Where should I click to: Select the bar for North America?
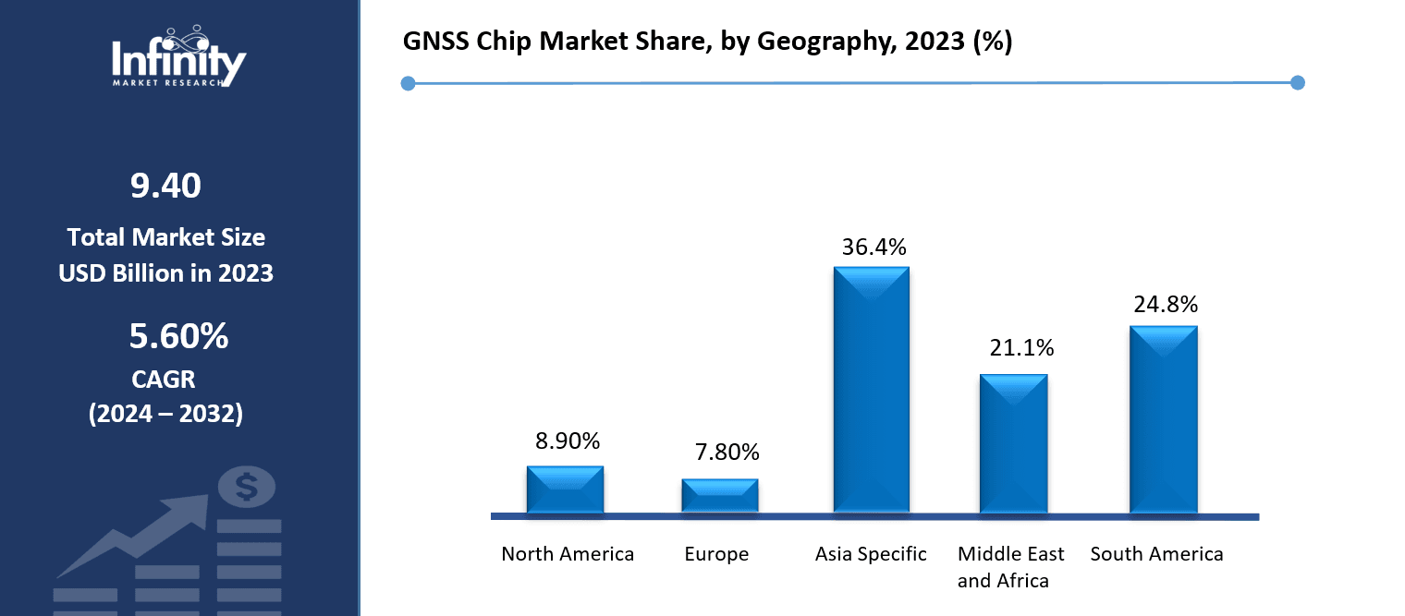[x=565, y=489]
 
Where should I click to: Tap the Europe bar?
[x=720, y=496]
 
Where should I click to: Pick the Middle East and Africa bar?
[x=1014, y=443]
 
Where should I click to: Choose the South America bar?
[x=1164, y=419]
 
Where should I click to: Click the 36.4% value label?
[x=874, y=248]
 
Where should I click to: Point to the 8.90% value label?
[x=568, y=441]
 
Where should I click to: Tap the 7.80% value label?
[x=727, y=453]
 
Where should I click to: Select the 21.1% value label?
[x=1021, y=348]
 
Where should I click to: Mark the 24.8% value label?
[x=1166, y=304]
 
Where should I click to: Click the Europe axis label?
[x=716, y=554]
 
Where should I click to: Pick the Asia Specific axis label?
[x=871, y=554]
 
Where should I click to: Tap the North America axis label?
[x=568, y=554]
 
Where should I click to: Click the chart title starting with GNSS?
[x=708, y=42]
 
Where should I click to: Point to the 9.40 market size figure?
[x=165, y=187]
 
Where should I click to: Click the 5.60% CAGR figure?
[x=178, y=337]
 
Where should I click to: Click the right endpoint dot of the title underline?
[x=1297, y=83]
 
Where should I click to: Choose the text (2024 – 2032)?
[x=165, y=414]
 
